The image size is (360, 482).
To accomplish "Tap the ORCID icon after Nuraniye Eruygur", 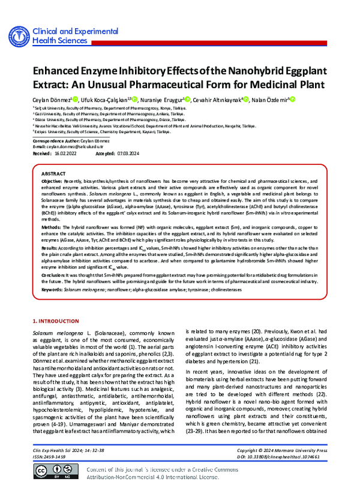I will tap(188, 100).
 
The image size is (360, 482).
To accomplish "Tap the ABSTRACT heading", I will tap(53, 173).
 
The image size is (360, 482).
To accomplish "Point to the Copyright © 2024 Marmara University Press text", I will tap(281, 449).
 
